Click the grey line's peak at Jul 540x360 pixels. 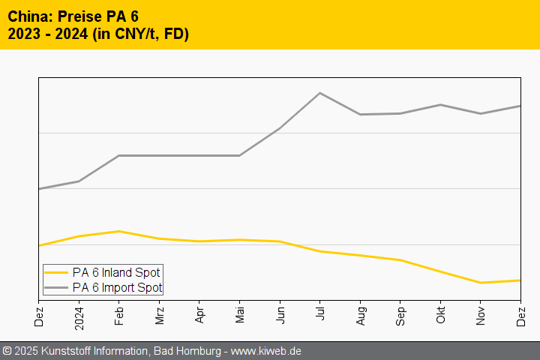tap(320, 93)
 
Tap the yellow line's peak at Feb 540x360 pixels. tap(119, 231)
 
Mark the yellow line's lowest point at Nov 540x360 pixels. tap(481, 283)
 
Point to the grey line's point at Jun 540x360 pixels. tap(280, 128)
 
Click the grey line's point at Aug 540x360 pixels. tap(361, 115)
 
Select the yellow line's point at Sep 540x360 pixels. tap(400, 260)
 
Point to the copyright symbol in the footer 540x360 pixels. tap(7, 351)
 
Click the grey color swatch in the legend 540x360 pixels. tap(56, 287)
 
